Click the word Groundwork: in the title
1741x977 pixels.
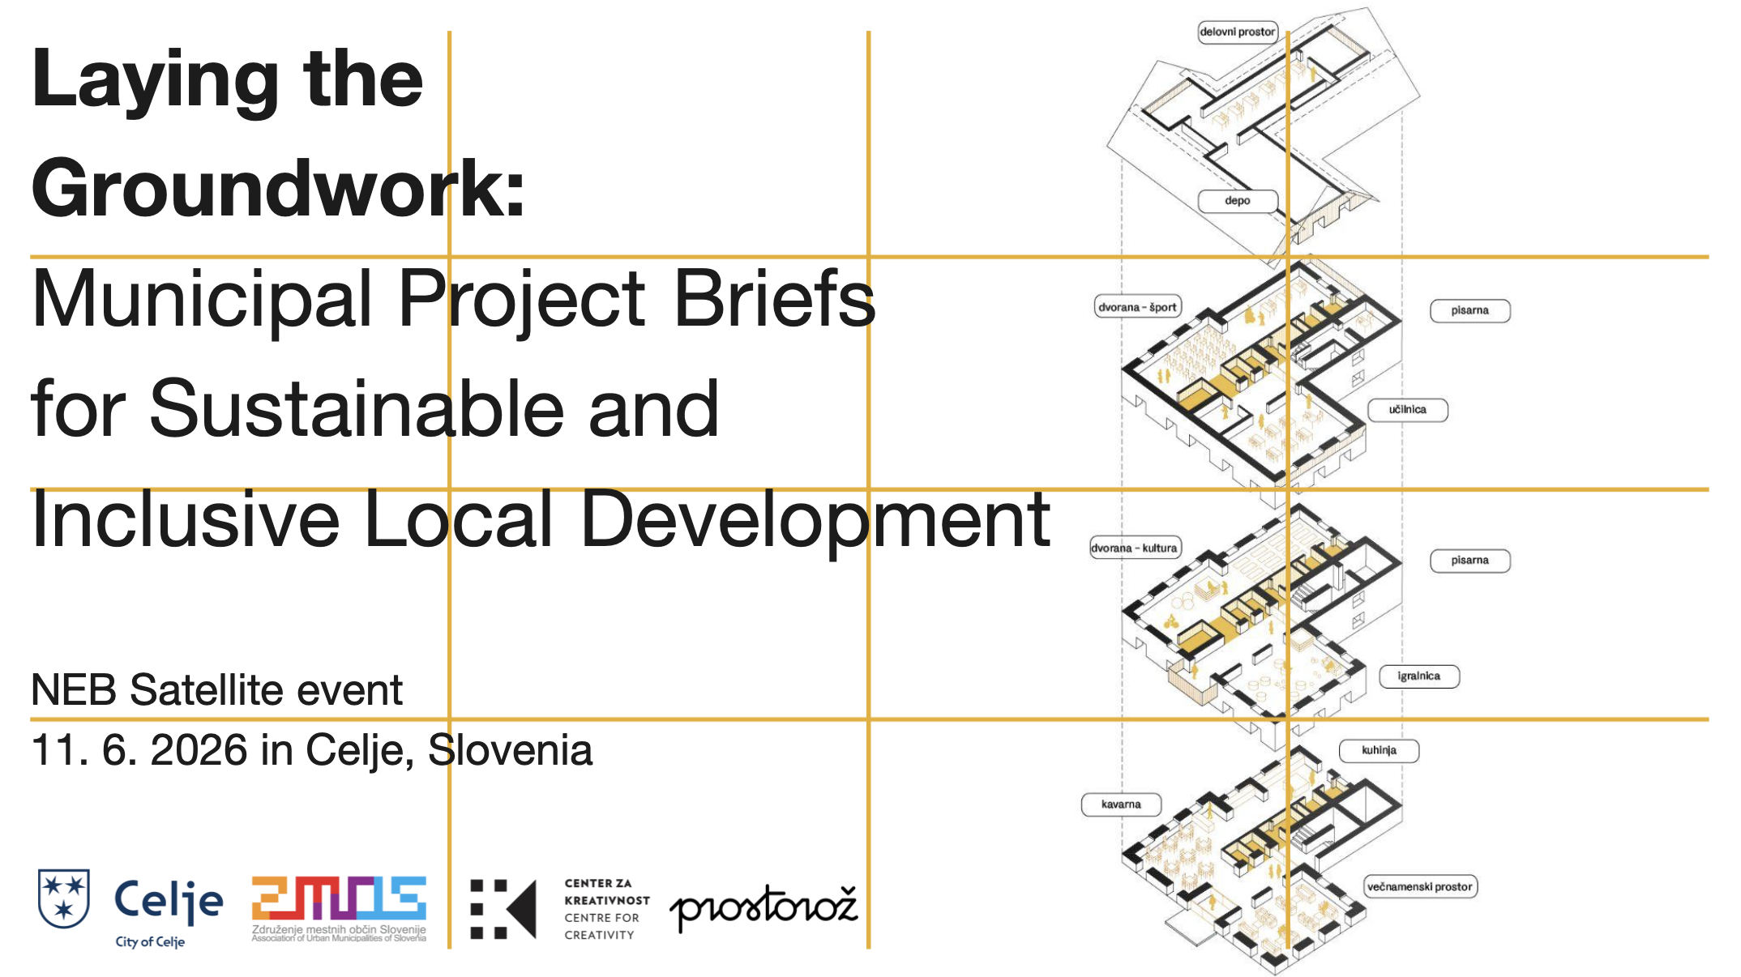click(278, 189)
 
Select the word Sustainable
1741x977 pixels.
click(357, 408)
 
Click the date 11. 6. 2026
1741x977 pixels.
click(139, 749)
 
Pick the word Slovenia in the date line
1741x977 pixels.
click(510, 749)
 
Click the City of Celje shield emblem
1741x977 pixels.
click(63, 898)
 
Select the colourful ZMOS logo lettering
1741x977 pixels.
click(339, 898)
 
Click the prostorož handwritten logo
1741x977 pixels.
click(763, 907)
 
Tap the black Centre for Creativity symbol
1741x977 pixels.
click(503, 909)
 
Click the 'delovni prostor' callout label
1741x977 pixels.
click(1238, 32)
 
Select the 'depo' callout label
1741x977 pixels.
click(1238, 201)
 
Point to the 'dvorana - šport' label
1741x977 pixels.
click(1137, 307)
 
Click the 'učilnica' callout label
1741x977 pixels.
click(1407, 410)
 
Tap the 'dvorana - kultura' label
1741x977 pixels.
click(1134, 548)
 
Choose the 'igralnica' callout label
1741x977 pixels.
click(1419, 676)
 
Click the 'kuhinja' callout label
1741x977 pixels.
click(1379, 750)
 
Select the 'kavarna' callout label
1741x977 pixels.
click(1121, 804)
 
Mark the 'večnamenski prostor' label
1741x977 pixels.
click(1420, 887)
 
